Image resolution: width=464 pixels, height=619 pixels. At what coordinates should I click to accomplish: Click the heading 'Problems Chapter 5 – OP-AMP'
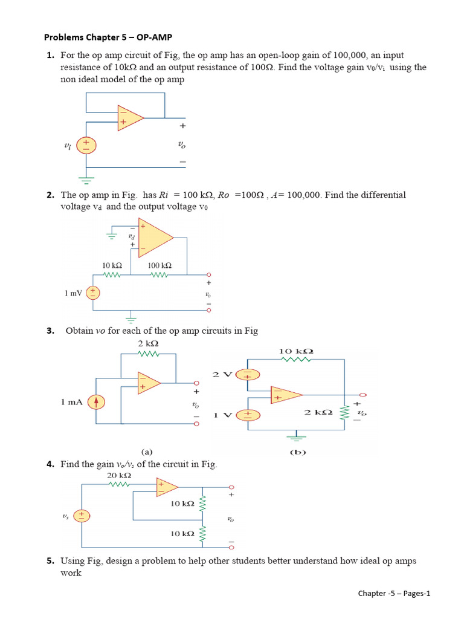[108, 37]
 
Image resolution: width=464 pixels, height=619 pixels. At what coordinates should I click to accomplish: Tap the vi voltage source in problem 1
[86, 145]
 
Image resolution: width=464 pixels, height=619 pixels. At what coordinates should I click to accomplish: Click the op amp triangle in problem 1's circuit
[130, 118]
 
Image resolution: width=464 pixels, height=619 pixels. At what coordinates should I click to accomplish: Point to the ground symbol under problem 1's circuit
[86, 181]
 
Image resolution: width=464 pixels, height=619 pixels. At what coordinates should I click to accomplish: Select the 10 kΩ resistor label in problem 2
[112, 266]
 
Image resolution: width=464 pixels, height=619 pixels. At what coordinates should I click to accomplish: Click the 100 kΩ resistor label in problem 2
[159, 266]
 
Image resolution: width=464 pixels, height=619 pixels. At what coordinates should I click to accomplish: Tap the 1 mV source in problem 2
[93, 293]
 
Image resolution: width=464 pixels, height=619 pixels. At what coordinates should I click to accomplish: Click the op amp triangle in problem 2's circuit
[156, 237]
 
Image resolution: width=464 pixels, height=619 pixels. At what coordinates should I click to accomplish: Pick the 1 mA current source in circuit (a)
[96, 402]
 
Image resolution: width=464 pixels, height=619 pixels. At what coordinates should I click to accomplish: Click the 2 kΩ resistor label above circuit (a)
[149, 343]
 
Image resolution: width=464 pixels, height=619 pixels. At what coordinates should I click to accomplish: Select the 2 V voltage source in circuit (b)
[248, 374]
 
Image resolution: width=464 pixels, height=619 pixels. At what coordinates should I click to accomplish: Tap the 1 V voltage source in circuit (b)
[248, 415]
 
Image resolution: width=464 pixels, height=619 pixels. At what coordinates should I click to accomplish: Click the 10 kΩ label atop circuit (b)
[296, 351]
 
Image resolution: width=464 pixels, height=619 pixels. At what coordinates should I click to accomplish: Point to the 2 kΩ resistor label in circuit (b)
[318, 412]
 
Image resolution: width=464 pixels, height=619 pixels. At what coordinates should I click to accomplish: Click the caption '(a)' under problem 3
[147, 452]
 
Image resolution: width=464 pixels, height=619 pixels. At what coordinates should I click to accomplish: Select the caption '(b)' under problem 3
[298, 452]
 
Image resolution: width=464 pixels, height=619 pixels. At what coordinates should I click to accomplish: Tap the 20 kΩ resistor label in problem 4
[119, 475]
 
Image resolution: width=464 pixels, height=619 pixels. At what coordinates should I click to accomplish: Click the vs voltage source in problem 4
[82, 516]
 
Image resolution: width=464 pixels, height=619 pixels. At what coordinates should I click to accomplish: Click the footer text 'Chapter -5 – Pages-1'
[394, 594]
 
